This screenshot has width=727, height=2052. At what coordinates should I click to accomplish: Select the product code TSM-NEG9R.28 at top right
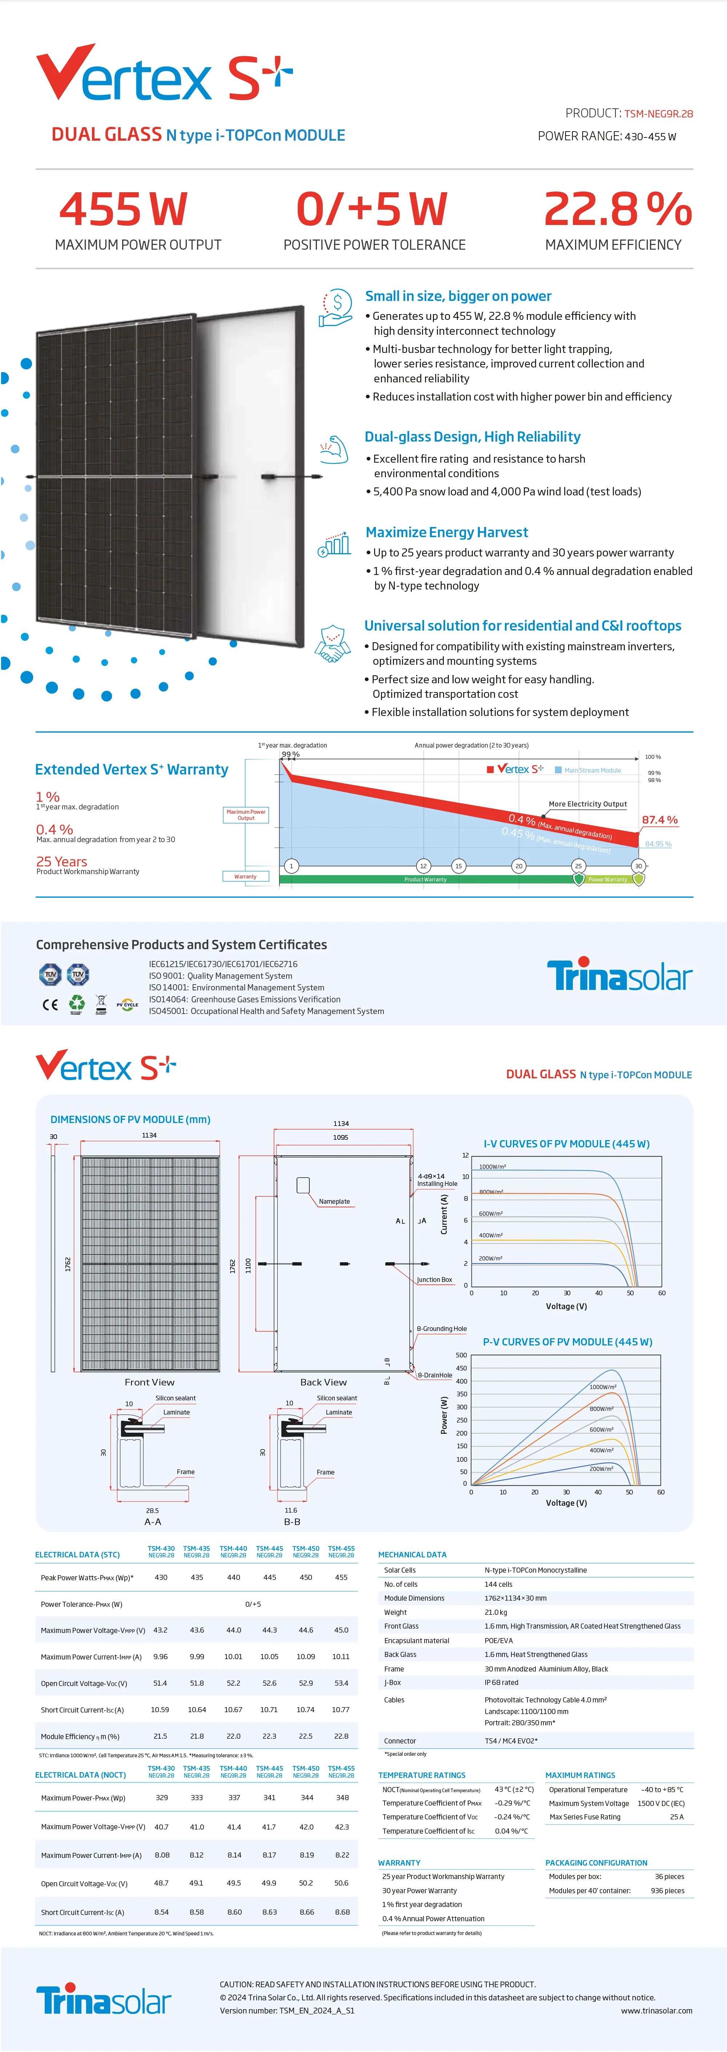tap(659, 114)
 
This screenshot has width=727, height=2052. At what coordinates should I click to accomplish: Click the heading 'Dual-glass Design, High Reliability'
tap(472, 436)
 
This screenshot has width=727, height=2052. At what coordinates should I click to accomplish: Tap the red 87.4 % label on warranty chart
tap(659, 820)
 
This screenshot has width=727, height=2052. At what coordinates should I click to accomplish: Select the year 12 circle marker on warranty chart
tap(423, 866)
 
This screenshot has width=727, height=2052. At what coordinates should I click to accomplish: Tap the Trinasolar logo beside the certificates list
tap(619, 975)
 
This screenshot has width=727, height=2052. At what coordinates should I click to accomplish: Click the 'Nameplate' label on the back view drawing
tap(334, 1201)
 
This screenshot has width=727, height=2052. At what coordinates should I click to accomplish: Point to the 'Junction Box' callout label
tap(434, 1279)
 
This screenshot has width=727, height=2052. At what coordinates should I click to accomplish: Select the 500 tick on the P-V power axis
tap(461, 1355)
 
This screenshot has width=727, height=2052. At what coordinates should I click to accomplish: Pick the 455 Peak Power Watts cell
tap(341, 1577)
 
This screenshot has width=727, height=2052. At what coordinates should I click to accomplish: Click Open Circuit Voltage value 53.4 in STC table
tap(341, 1683)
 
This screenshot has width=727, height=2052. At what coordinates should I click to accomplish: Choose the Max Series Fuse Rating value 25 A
tap(676, 1817)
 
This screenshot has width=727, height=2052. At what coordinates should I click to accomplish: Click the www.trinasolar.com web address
tap(656, 2011)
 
